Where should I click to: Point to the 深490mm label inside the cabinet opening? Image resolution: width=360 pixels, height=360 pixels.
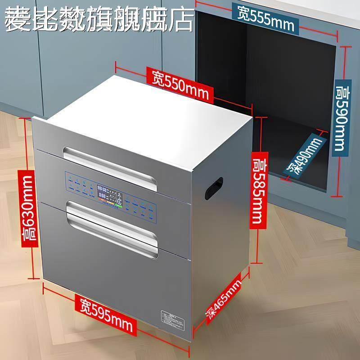tap(306, 155)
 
